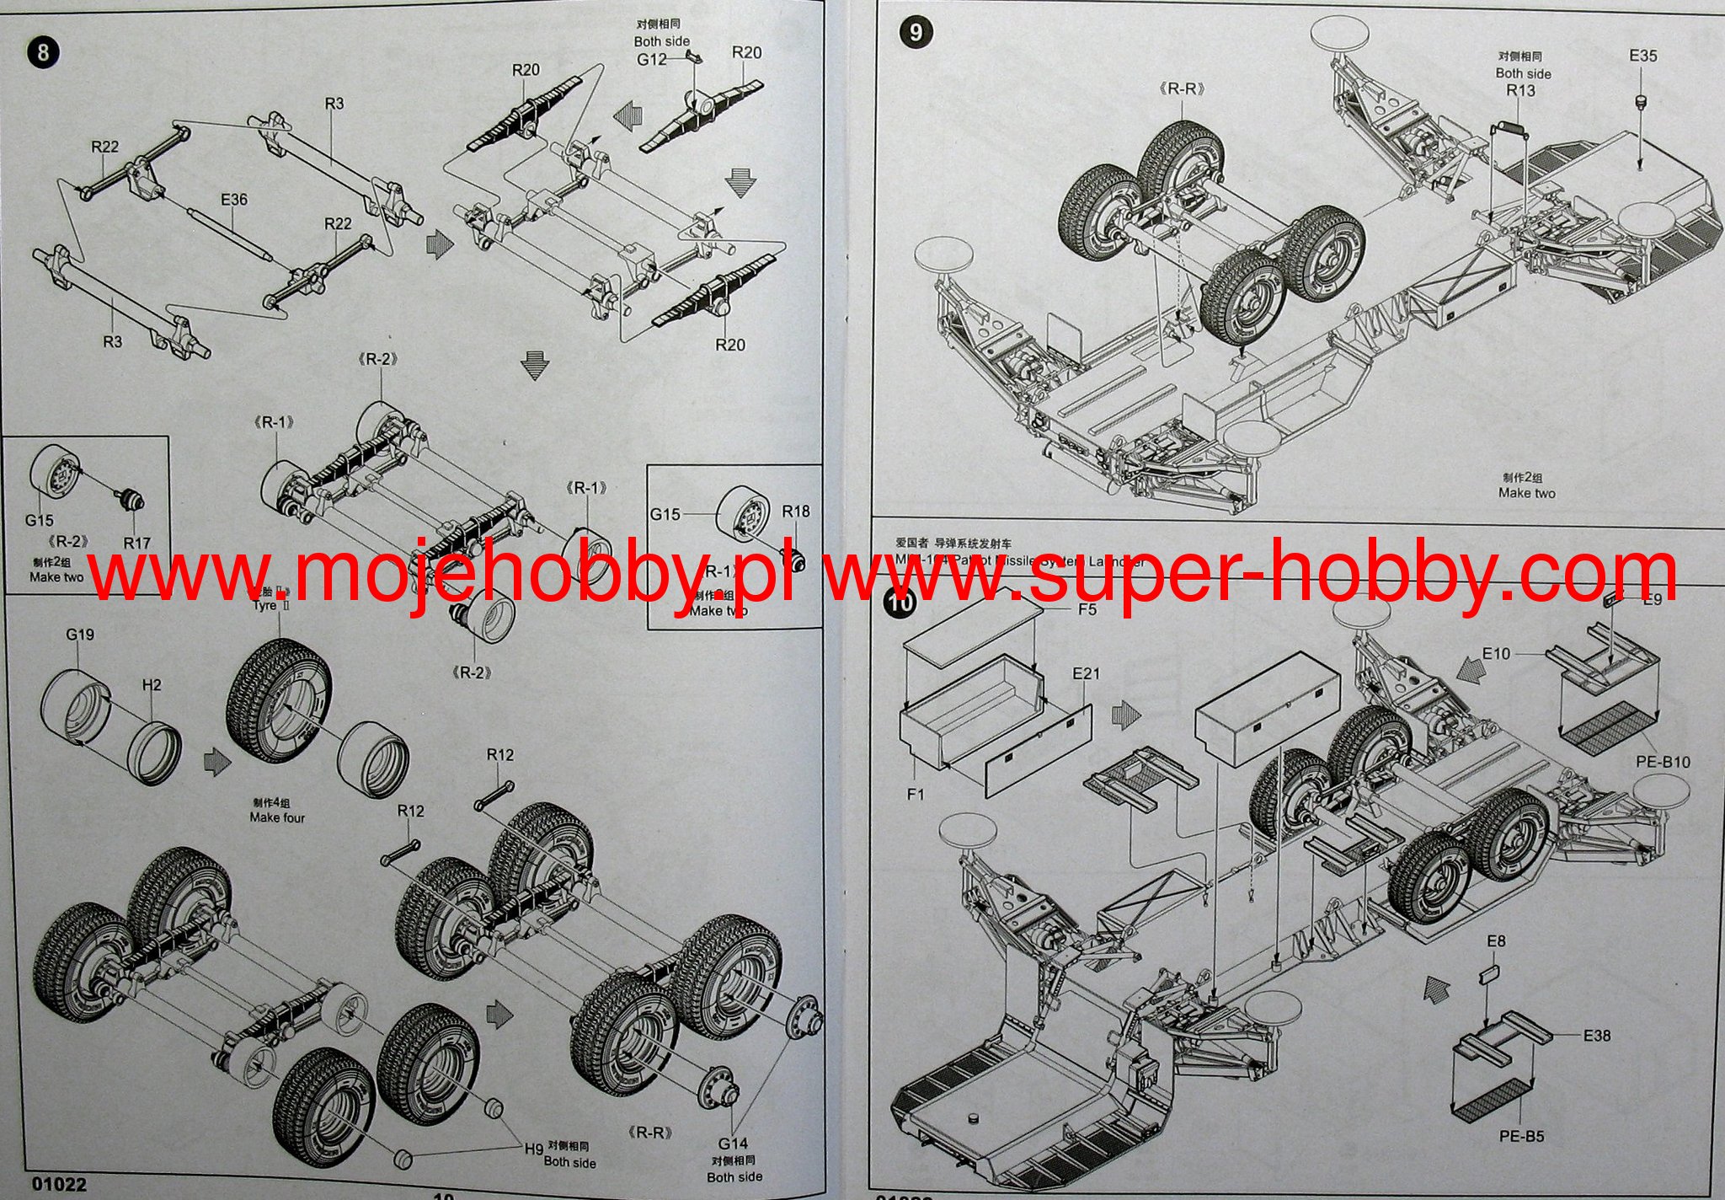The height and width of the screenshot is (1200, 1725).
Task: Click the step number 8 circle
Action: tap(43, 53)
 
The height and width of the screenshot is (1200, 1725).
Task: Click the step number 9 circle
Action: tap(916, 33)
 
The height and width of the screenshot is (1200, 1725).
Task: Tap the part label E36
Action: tap(234, 200)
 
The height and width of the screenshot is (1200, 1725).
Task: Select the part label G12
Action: tap(651, 60)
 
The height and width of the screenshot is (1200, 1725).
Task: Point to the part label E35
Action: tap(1642, 56)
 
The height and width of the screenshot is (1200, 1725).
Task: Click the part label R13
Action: tap(1520, 90)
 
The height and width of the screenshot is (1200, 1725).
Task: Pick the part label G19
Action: tap(80, 635)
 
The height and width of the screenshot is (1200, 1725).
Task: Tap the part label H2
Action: tap(152, 685)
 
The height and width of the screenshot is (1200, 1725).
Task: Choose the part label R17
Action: tap(137, 544)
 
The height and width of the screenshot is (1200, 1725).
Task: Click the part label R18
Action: tap(796, 512)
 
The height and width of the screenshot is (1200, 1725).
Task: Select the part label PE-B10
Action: tap(1663, 762)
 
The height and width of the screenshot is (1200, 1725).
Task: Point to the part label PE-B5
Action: tap(1521, 1136)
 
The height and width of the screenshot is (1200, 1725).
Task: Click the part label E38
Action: tap(1596, 1036)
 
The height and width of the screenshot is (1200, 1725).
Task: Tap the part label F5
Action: tap(1087, 609)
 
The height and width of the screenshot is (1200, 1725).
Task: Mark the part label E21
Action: tap(1087, 673)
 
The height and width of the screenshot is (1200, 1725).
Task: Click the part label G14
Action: tap(733, 1144)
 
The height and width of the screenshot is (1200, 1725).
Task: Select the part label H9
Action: tap(534, 1149)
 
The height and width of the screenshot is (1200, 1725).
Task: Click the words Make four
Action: tap(277, 817)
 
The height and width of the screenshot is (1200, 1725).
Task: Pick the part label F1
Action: tap(916, 794)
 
